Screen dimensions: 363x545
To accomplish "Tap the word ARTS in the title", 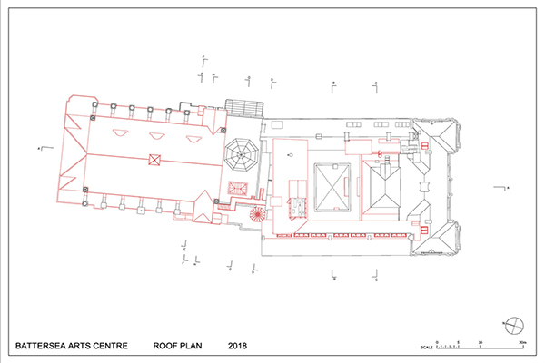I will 89,346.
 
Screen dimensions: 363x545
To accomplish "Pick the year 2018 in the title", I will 238,346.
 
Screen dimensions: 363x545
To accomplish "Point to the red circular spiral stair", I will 256,215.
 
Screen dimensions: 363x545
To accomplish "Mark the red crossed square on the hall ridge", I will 154,161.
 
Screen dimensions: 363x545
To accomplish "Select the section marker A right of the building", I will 507,186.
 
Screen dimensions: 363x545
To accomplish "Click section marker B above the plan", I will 334,83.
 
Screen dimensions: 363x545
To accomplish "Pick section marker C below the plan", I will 375,279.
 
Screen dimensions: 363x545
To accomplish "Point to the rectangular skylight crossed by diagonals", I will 332,185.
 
